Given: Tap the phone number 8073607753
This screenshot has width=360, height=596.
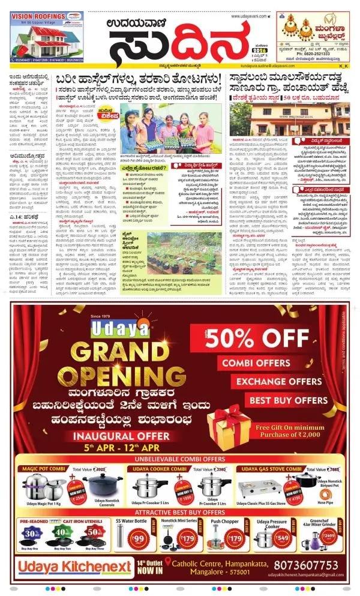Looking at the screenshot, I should (x=305, y=565).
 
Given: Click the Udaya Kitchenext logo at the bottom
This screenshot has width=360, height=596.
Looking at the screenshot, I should (x=74, y=567).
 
